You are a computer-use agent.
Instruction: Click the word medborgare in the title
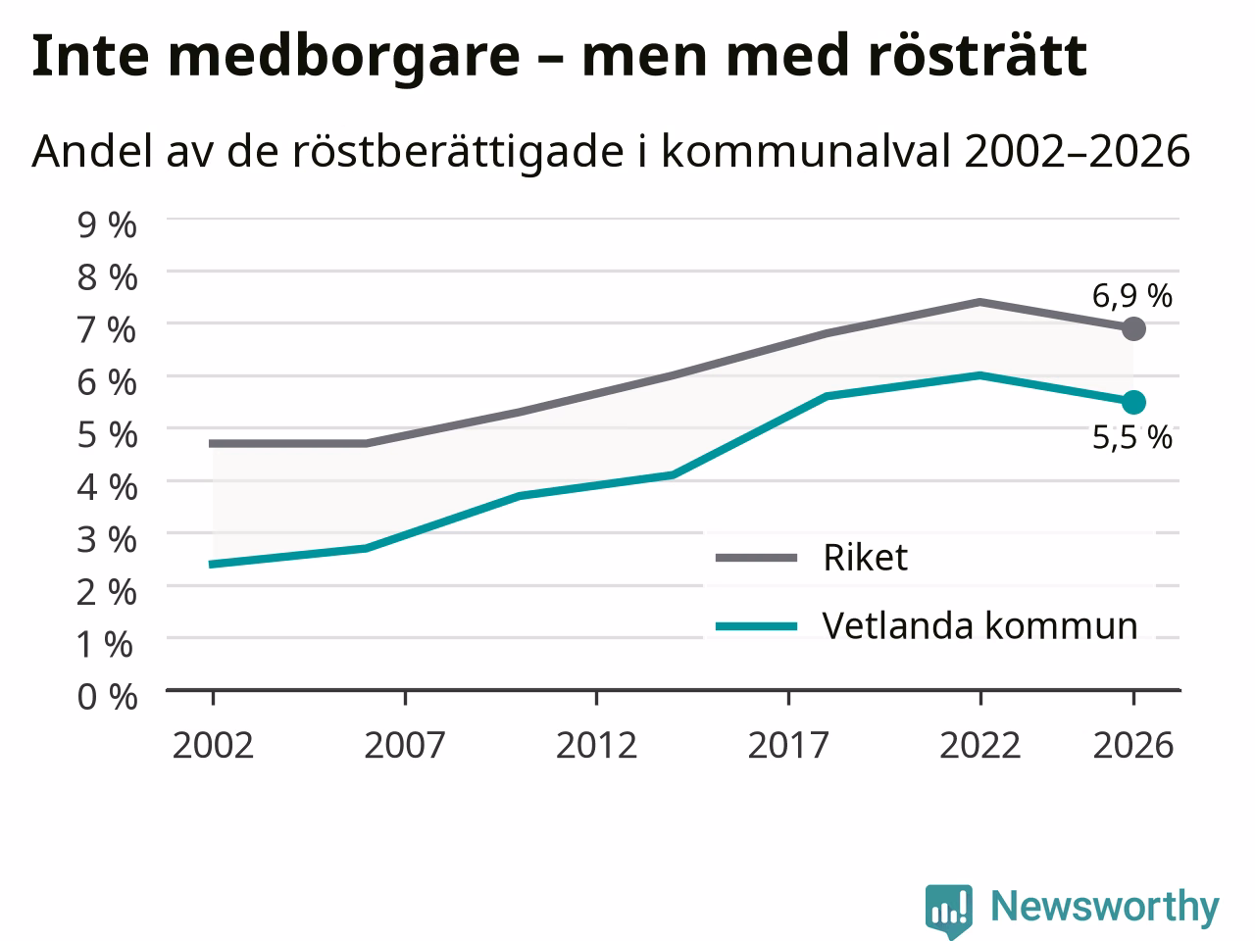[x=343, y=56]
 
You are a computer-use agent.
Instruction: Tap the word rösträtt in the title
[x=978, y=55]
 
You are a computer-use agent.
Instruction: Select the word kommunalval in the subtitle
[x=806, y=151]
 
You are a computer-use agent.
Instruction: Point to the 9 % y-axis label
[x=107, y=224]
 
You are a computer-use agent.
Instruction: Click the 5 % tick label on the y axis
[x=107, y=435]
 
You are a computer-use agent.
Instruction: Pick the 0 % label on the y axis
[x=107, y=697]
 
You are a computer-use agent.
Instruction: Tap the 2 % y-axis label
[x=107, y=592]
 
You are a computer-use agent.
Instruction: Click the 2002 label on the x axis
[x=213, y=745]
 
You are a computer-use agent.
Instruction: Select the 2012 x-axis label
[x=596, y=745]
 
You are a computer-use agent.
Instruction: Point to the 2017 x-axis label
[x=788, y=745]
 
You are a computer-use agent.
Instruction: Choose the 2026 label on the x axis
[x=1133, y=745]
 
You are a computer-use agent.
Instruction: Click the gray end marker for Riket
[x=1133, y=328]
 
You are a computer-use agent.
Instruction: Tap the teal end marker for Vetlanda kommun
[x=1133, y=402]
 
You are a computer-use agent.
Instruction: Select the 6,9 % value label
[x=1132, y=296]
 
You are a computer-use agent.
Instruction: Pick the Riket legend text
[x=865, y=557]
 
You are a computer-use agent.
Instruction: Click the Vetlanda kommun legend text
[x=980, y=625]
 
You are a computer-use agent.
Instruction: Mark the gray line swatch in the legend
[x=756, y=558]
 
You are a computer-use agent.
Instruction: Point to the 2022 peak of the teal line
[x=980, y=375]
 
